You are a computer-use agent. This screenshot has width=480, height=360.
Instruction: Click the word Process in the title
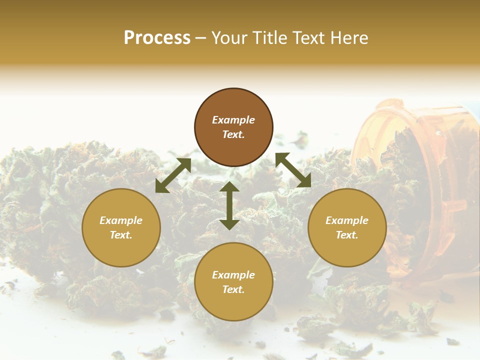[x=157, y=38]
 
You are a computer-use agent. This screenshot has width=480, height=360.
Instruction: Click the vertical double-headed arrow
[x=229, y=205]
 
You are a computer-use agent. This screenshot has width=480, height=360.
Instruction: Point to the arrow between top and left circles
[x=173, y=175]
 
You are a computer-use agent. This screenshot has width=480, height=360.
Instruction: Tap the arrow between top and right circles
[x=293, y=170]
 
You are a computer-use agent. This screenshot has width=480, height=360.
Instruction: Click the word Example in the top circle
[x=233, y=120]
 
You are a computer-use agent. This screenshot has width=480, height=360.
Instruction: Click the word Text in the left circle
[x=121, y=235]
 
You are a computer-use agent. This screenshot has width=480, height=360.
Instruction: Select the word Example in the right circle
[x=347, y=220]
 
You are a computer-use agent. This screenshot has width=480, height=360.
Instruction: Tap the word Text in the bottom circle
[x=233, y=289]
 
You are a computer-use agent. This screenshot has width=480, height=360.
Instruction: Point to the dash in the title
[x=201, y=38]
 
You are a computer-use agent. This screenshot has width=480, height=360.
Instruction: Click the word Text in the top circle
[x=233, y=134]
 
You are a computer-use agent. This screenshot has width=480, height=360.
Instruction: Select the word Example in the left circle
[x=121, y=220]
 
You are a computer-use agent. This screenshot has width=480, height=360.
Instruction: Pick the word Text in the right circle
[x=347, y=235]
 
